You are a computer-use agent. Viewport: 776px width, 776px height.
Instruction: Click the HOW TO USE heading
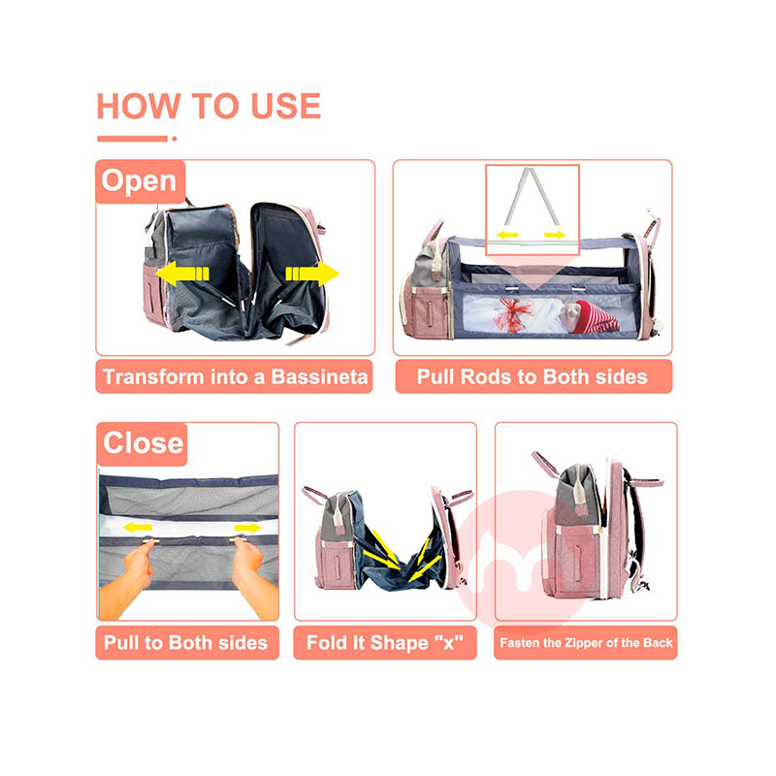tap(209, 106)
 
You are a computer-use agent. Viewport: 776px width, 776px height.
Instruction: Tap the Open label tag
tap(140, 181)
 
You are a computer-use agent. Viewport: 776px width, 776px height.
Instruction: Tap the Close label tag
tap(142, 443)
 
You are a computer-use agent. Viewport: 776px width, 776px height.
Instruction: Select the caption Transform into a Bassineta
tap(234, 377)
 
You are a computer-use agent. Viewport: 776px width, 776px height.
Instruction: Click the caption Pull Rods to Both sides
tap(533, 377)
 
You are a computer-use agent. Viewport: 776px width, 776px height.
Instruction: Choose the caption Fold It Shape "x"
tap(385, 643)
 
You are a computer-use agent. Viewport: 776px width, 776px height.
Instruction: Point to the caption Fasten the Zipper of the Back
tap(586, 643)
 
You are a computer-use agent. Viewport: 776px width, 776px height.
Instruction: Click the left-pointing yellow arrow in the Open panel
tap(182, 274)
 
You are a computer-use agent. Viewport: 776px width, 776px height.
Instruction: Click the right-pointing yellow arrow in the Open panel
tap(312, 274)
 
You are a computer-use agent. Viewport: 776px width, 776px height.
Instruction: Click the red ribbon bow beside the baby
tap(514, 313)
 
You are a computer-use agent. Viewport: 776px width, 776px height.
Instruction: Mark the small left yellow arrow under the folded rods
tap(507, 235)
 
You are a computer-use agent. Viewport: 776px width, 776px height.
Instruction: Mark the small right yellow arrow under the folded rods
tap(555, 235)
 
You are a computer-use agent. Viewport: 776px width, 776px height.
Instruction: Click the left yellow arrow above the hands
tap(138, 528)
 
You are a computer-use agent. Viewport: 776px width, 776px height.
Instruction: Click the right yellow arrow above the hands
tap(248, 528)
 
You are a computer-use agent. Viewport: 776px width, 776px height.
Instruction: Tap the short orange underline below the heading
tap(137, 139)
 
